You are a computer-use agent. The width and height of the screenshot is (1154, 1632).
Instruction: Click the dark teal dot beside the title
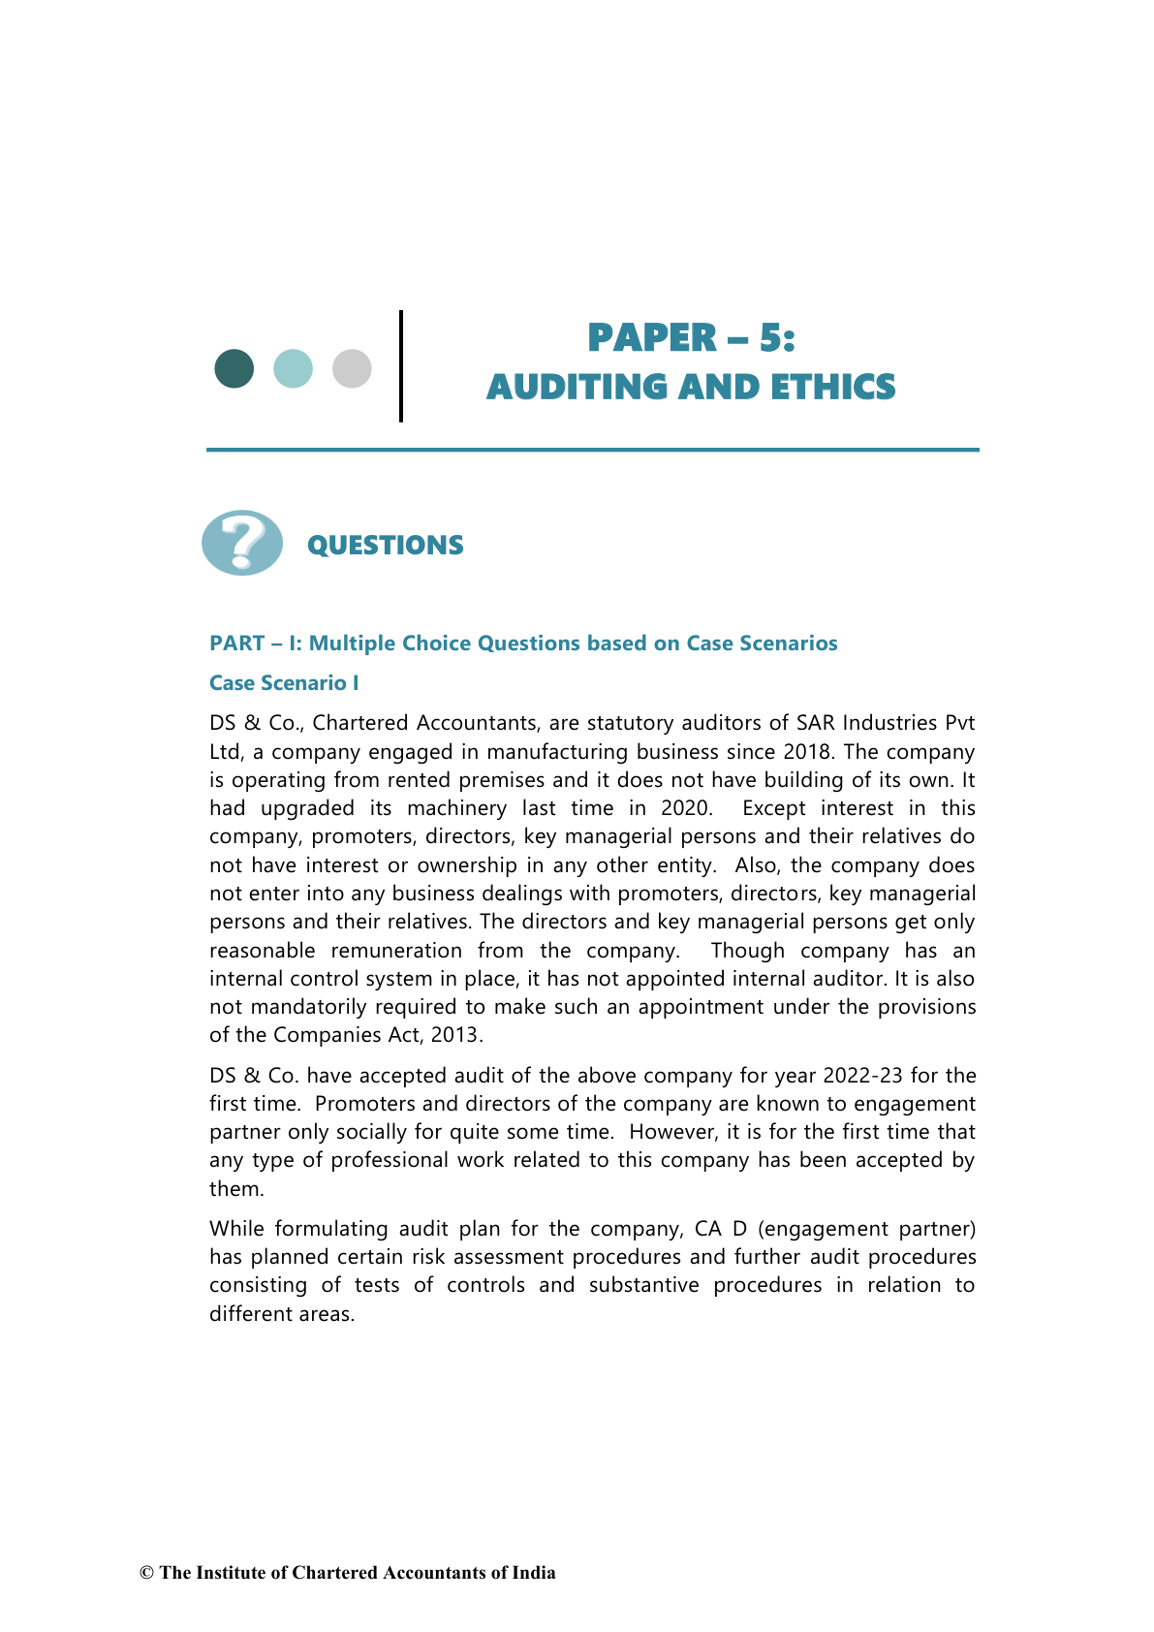(x=234, y=368)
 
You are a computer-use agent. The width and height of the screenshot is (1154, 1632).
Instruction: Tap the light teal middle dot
(x=293, y=368)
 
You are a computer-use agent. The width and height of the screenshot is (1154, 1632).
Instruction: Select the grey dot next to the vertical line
(x=352, y=368)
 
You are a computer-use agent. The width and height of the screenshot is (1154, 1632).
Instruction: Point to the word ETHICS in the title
(x=833, y=387)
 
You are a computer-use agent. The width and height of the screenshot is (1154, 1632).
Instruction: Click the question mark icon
(x=242, y=543)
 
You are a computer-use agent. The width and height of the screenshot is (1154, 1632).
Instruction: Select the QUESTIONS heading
(x=385, y=546)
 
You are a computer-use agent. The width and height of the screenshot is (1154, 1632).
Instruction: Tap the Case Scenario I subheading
(x=284, y=683)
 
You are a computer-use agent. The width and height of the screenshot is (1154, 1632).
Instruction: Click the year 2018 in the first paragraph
(x=806, y=752)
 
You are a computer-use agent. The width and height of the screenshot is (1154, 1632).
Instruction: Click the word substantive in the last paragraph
(x=643, y=1285)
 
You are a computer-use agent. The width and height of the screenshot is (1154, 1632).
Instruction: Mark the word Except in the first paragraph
(x=773, y=808)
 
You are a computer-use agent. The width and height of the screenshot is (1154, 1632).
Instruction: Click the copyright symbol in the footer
(x=147, y=1573)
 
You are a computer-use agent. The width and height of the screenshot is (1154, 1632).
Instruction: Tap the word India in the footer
(x=534, y=1573)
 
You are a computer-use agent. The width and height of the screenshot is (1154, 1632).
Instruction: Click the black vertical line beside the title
(x=401, y=366)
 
